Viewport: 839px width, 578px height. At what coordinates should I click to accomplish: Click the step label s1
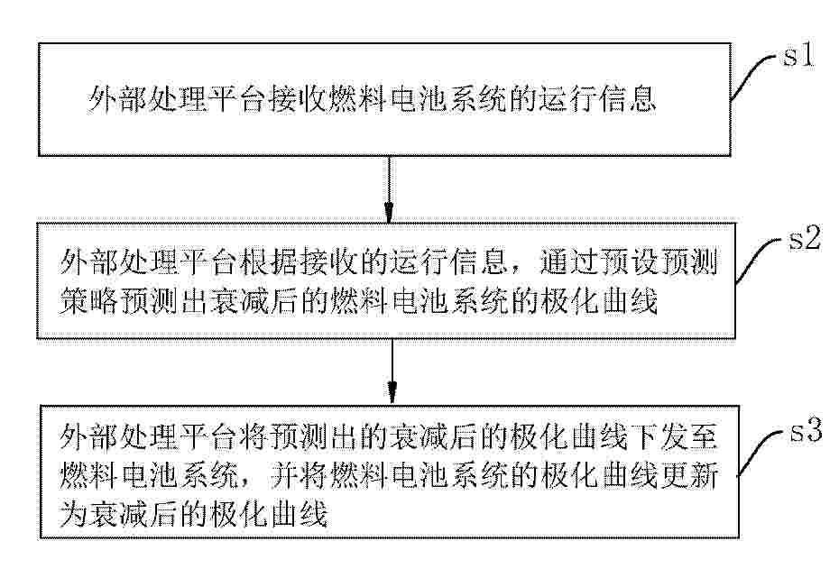click(798, 55)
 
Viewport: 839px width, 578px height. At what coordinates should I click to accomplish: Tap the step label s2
click(805, 237)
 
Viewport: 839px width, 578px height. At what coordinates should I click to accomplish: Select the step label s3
click(807, 430)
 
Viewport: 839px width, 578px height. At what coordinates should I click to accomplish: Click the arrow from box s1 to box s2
click(389, 188)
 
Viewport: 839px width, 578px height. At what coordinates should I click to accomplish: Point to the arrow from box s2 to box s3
click(392, 370)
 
